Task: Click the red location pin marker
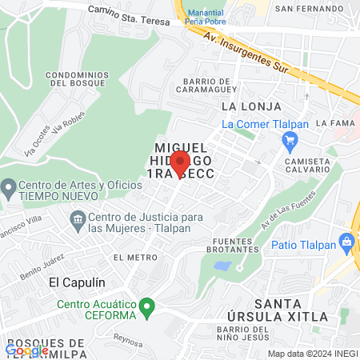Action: (180, 165)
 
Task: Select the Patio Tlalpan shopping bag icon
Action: (346, 241)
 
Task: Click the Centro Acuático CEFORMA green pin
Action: (146, 306)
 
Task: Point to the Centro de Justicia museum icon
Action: (78, 218)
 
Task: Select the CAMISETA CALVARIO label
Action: (308, 166)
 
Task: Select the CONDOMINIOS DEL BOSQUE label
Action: (77, 79)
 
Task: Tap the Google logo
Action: (26, 350)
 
